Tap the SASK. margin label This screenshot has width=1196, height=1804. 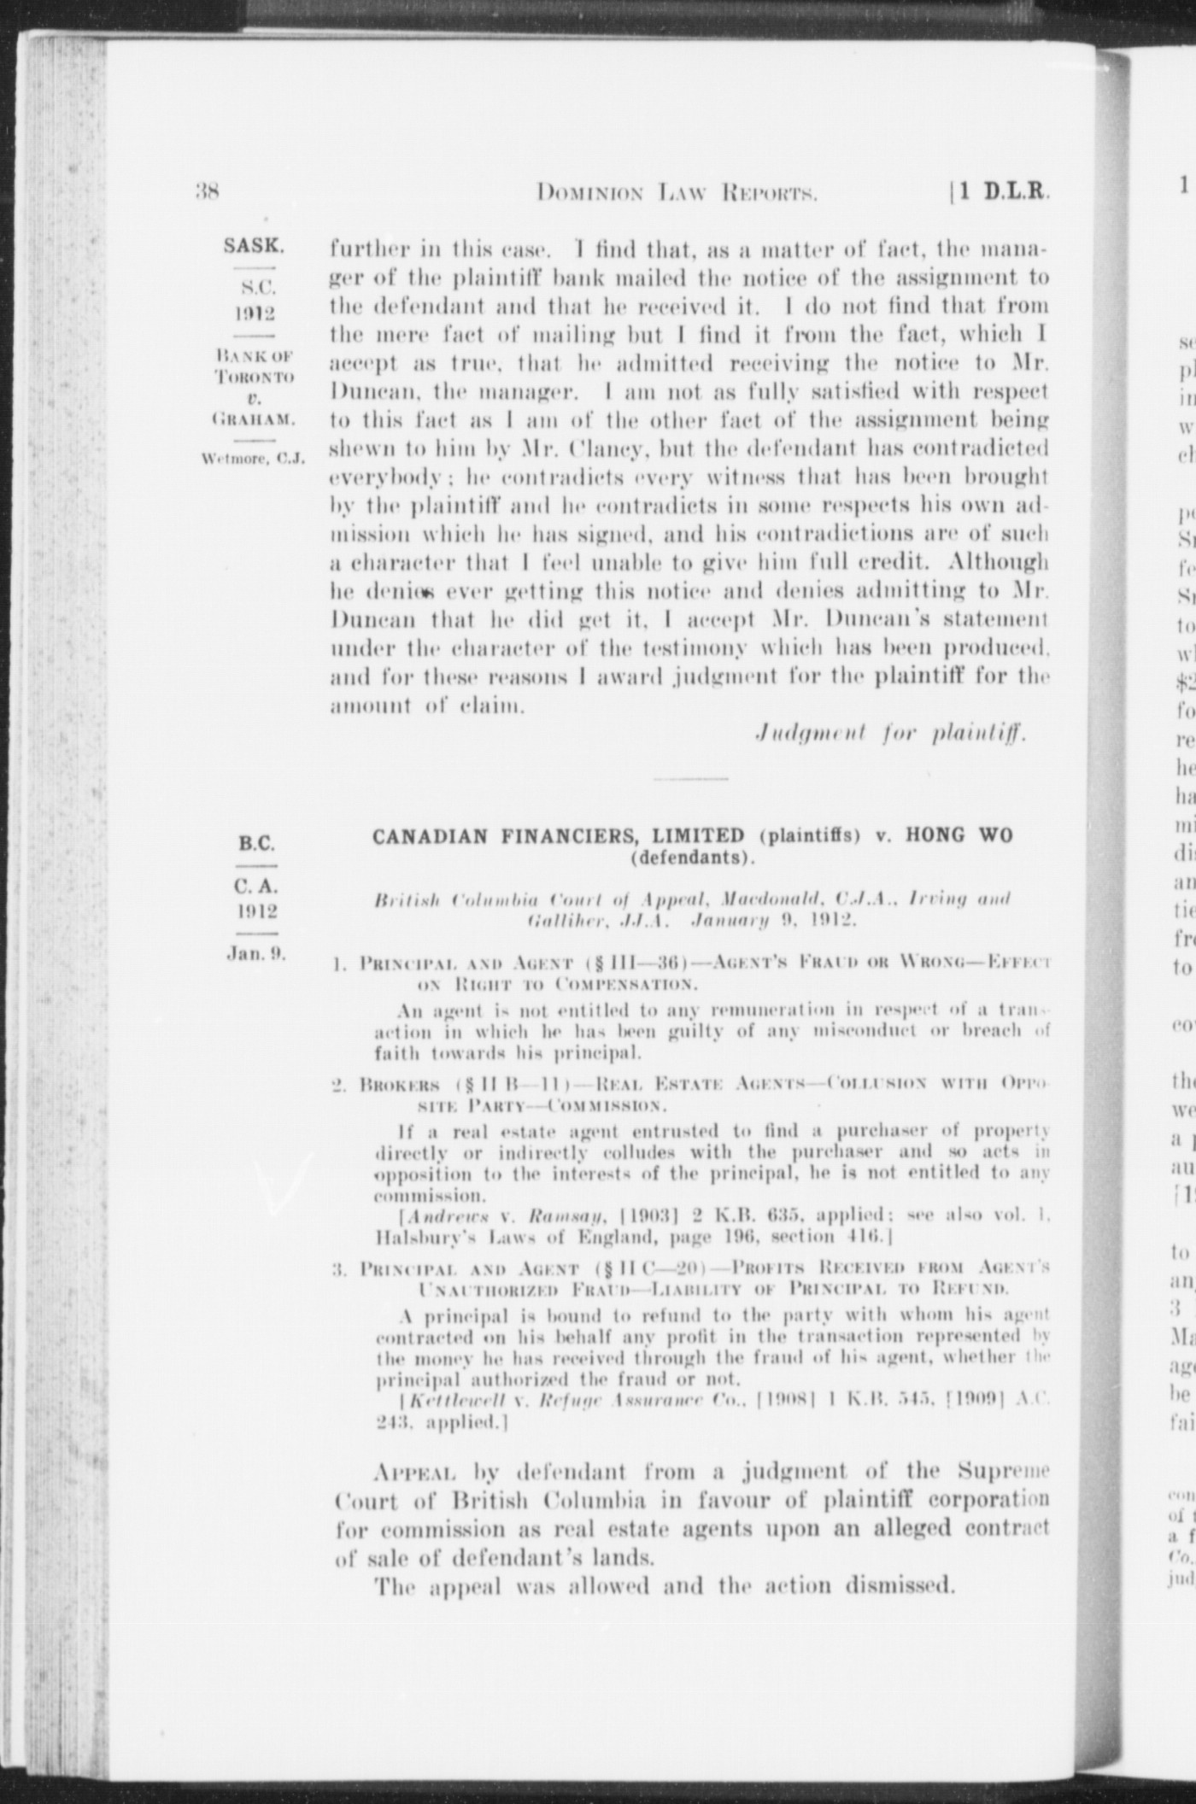click(x=255, y=247)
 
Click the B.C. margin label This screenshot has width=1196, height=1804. click(x=256, y=844)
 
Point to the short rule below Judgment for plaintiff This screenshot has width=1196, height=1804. click(x=692, y=779)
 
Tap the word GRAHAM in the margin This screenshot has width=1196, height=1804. click(x=255, y=419)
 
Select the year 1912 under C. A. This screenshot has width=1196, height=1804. click(x=256, y=911)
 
